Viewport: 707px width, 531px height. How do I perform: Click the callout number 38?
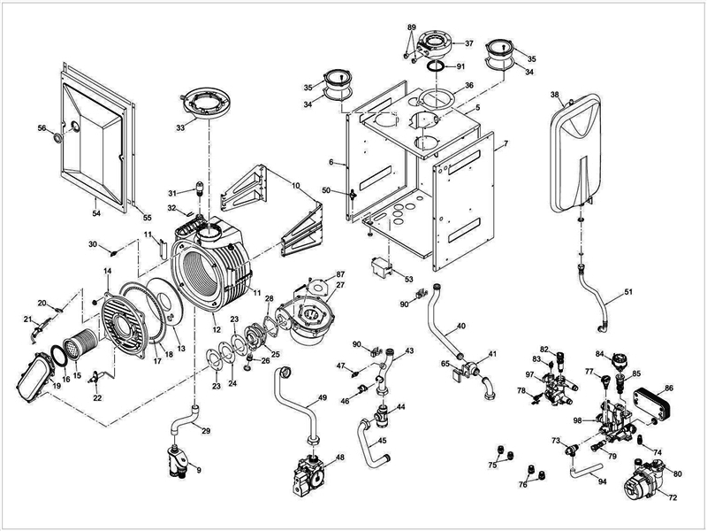point(555,95)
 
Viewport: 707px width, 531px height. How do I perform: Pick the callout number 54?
point(95,213)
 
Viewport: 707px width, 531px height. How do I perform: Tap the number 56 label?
point(41,128)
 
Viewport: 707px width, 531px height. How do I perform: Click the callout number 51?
point(628,291)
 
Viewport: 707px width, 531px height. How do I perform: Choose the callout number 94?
point(602,482)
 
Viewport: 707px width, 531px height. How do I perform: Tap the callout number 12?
point(215,329)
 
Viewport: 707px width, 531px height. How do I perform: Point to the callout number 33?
point(180,128)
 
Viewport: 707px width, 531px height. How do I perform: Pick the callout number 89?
point(411,27)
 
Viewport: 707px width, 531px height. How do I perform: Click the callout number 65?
point(446,363)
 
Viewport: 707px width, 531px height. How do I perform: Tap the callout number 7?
point(506,143)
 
